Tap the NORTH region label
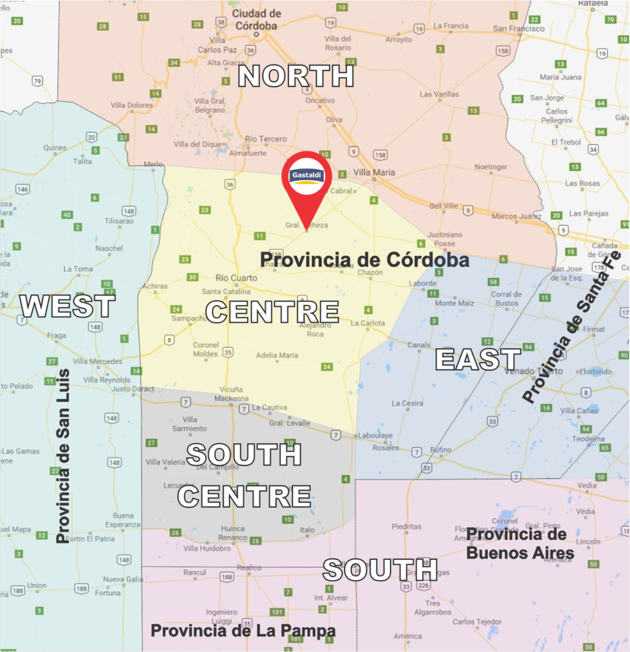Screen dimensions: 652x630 tap(296, 76)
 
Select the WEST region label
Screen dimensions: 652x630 tap(68, 306)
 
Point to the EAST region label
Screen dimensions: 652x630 tap(478, 359)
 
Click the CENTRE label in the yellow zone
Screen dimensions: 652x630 tap(272, 311)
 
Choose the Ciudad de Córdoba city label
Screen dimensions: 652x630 tap(256, 20)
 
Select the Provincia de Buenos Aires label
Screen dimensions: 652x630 tap(520, 543)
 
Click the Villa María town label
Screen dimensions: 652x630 tap(374, 173)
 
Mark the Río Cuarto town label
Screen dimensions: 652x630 tap(236, 278)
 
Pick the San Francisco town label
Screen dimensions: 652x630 tap(519, 29)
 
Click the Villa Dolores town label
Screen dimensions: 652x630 tap(131, 105)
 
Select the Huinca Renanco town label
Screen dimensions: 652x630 tap(233, 533)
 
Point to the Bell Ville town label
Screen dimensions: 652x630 tap(444, 206)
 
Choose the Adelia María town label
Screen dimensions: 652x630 tap(276, 355)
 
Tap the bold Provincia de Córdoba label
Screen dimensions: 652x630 tap(364, 260)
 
